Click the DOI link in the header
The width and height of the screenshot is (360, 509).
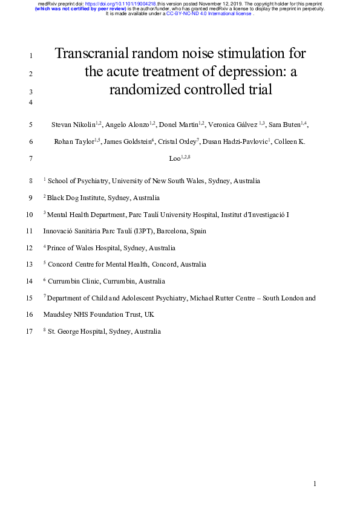[x=119, y=4]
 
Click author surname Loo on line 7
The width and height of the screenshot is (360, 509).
[x=175, y=159]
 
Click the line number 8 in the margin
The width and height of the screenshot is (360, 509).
[x=31, y=181]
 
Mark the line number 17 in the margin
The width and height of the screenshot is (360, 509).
[x=30, y=332]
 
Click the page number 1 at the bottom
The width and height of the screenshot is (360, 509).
[x=315, y=484]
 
